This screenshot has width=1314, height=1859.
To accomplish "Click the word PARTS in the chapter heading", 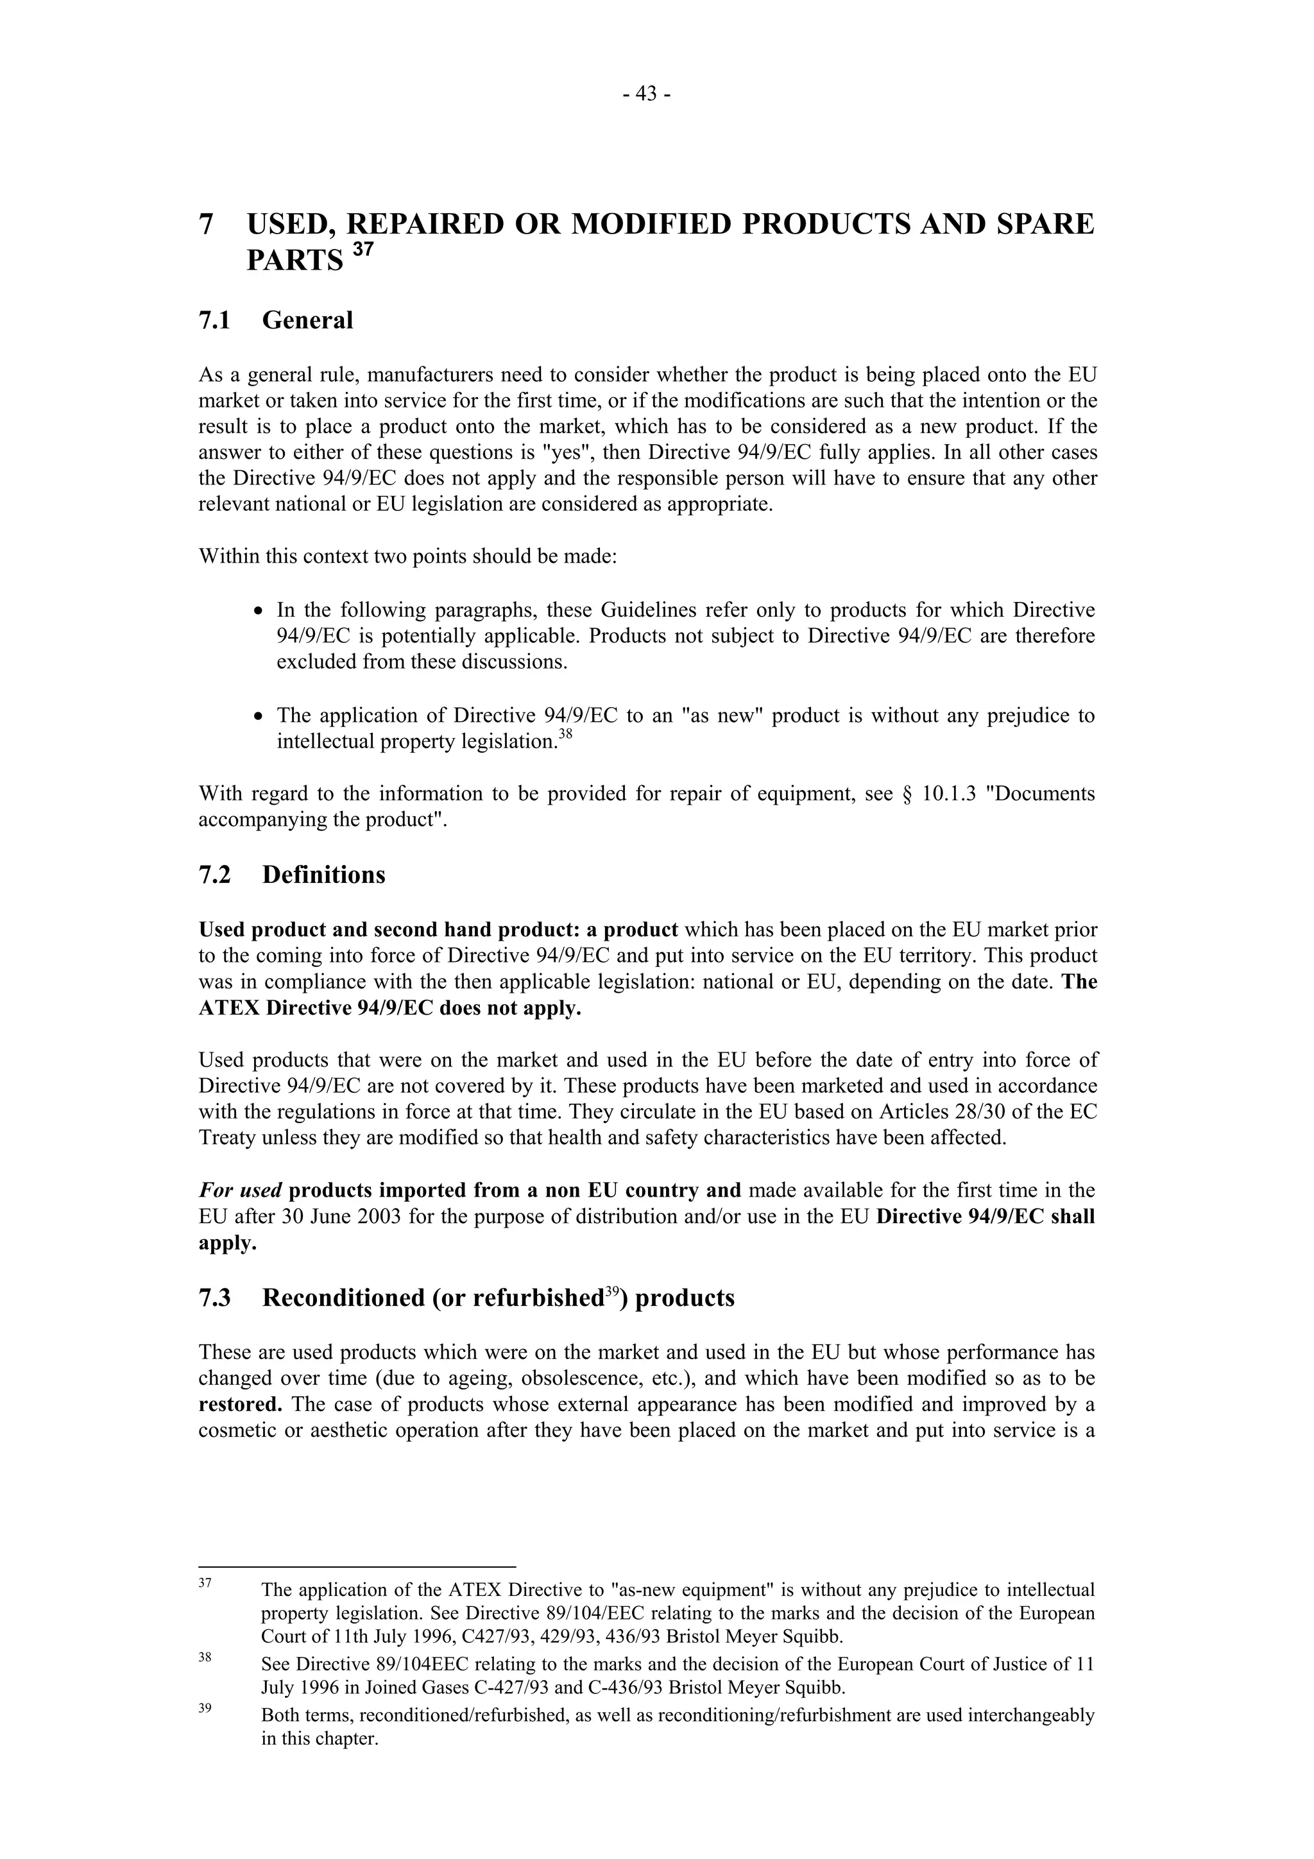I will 294,261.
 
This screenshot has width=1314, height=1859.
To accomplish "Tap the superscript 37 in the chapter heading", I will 364,250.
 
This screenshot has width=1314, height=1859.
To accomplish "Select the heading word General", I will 308,321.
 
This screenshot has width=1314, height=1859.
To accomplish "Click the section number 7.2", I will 214,875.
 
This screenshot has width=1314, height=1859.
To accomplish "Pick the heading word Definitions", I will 324,875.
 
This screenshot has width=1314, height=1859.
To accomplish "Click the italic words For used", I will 240,1191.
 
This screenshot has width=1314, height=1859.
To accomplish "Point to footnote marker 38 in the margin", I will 205,1658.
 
